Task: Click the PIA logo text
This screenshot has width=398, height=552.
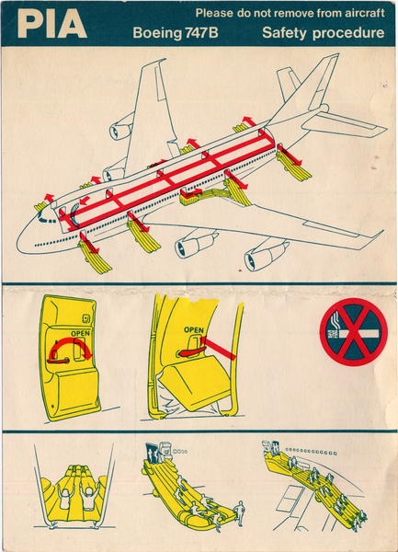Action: click(52, 25)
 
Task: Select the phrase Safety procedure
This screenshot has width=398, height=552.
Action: click(323, 34)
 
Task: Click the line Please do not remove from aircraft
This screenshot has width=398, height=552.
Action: click(290, 14)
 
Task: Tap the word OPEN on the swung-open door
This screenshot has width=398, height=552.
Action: click(193, 328)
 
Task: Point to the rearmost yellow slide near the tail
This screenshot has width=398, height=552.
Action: click(293, 165)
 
